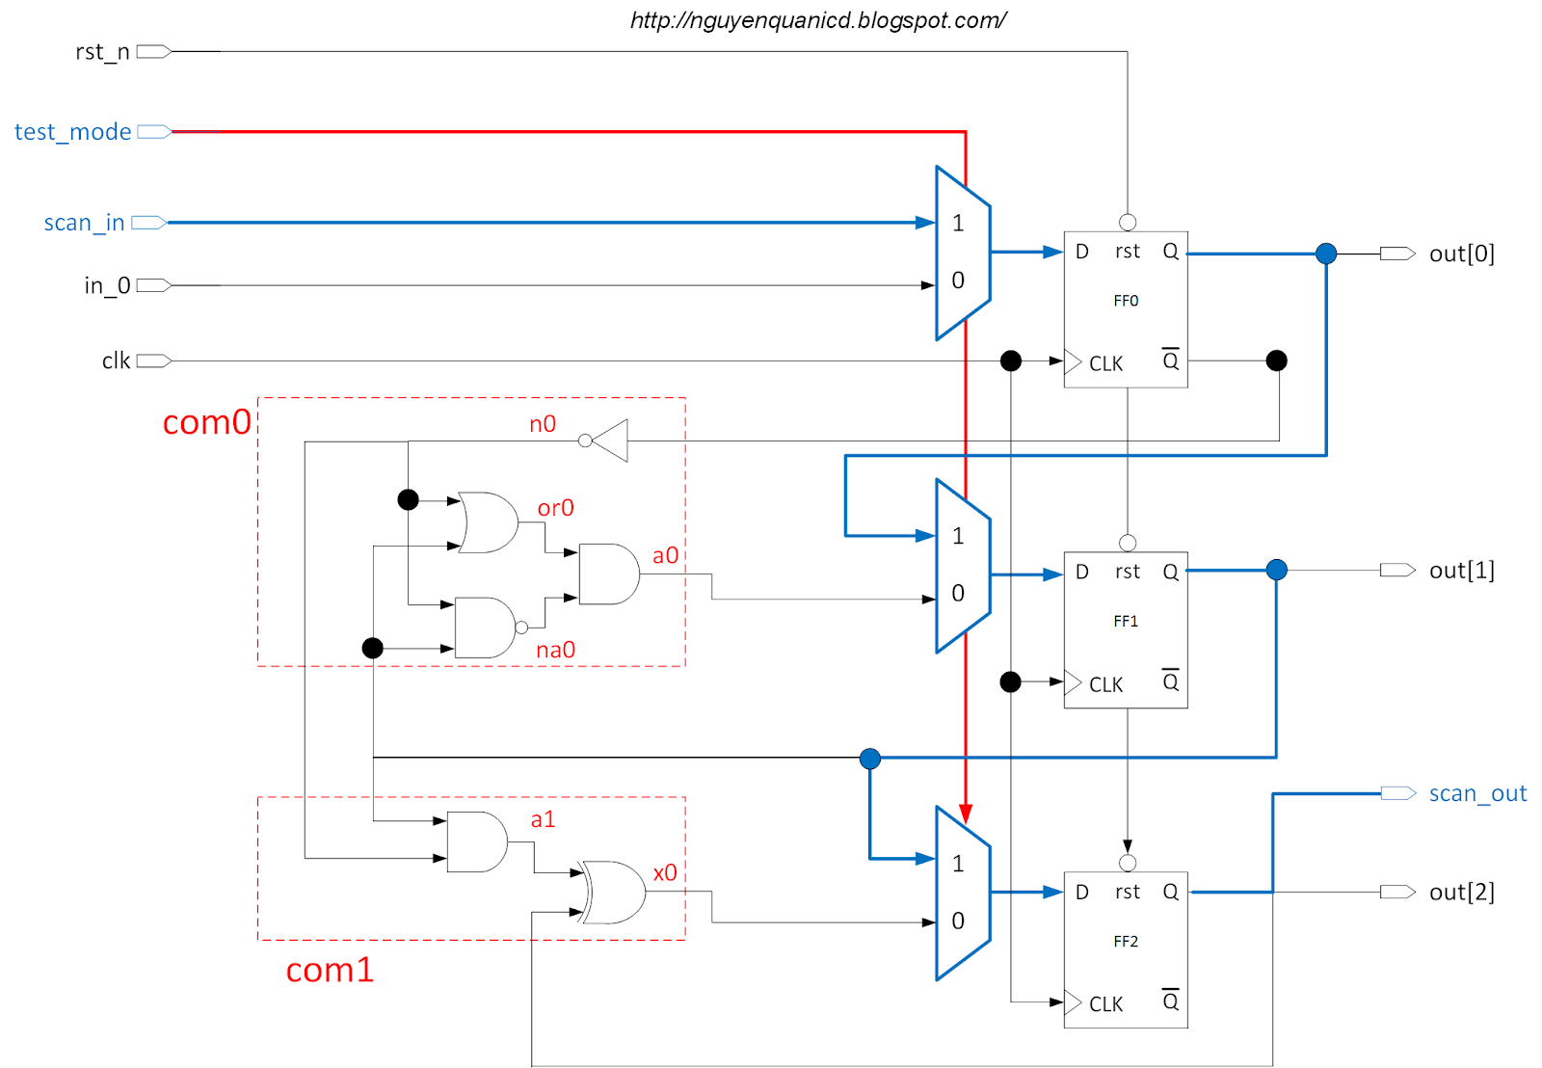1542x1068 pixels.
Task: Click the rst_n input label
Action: click(102, 52)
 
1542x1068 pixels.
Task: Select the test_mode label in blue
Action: click(73, 132)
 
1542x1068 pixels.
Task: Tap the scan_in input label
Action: click(84, 223)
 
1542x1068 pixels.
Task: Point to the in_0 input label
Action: click(106, 285)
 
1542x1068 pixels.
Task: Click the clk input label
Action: click(116, 361)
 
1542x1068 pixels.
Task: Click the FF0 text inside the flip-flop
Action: click(1126, 301)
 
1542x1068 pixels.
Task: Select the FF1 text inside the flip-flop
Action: click(1126, 622)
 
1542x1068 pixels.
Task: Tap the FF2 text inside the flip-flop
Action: click(1126, 942)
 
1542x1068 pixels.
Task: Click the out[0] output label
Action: click(1461, 254)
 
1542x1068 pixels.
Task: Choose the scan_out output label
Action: click(1476, 793)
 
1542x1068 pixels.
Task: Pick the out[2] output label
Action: click(1461, 893)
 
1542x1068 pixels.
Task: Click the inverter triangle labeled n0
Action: click(611, 441)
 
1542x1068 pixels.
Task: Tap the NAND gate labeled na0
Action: click(485, 627)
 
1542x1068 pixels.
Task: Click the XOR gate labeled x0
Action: click(614, 892)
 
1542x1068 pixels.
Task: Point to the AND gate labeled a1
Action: click(476, 841)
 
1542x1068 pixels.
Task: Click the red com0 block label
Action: click(206, 422)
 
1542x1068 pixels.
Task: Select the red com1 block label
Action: click(330, 970)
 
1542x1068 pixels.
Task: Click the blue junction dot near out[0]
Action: click(1326, 254)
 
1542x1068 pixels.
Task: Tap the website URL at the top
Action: click(818, 20)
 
